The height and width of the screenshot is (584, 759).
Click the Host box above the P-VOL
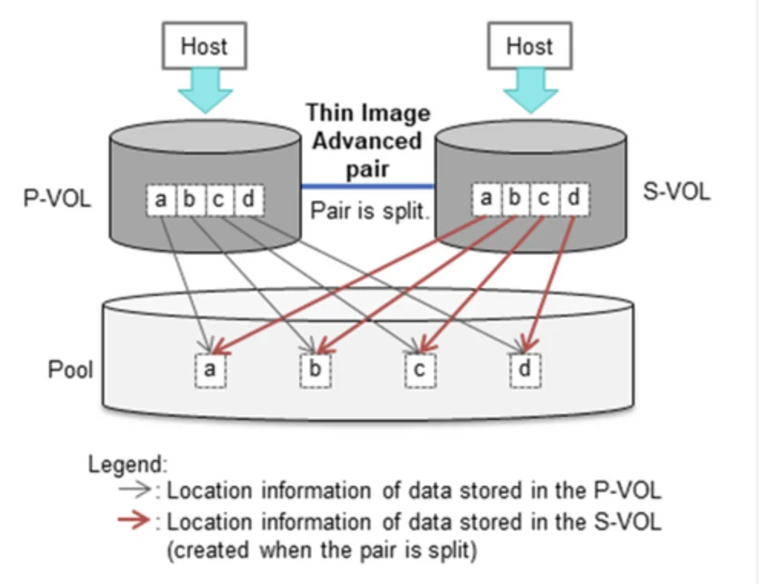tap(204, 47)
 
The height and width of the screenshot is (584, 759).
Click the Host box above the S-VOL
tap(530, 47)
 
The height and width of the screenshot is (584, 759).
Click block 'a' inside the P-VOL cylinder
tap(161, 201)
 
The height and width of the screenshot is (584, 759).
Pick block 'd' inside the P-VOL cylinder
tap(248, 201)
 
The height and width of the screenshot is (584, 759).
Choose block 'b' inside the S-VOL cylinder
tap(515, 198)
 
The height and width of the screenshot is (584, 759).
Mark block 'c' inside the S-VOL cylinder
tap(544, 198)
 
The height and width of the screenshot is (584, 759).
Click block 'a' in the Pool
tap(209, 370)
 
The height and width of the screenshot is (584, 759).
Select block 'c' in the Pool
tap(419, 370)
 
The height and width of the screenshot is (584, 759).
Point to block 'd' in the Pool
tap(525, 370)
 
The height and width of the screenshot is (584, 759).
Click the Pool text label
tap(71, 369)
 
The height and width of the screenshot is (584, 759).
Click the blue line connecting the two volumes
tap(367, 185)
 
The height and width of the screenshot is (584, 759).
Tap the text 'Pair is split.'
tap(367, 211)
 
